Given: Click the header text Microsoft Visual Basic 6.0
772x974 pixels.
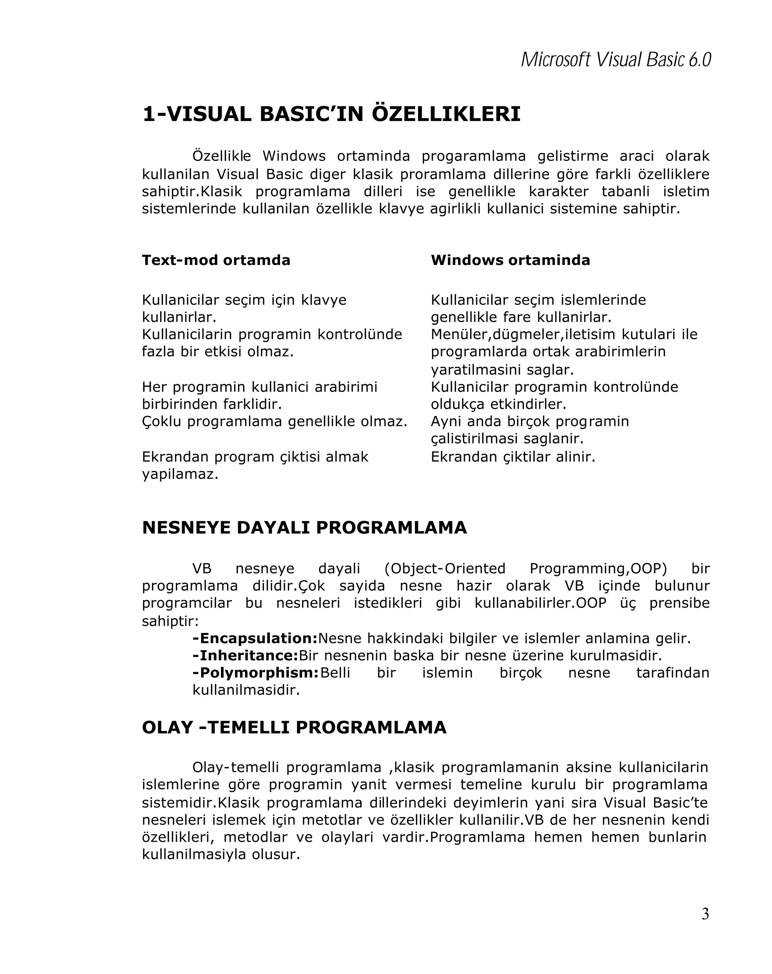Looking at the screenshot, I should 616,60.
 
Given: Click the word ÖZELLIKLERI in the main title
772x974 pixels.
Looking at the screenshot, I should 446,114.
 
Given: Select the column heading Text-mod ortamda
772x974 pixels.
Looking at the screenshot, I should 216,260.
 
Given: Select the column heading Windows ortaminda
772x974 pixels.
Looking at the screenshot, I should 510,260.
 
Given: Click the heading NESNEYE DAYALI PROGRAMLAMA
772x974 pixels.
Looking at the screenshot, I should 304,528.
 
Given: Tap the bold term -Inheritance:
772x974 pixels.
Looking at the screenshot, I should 245,655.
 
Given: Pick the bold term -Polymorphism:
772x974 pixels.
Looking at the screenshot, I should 256,673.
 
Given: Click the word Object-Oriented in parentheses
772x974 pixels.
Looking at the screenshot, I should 444,568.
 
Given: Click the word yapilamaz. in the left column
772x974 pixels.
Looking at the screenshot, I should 180,474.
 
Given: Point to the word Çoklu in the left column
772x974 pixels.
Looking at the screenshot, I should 161,421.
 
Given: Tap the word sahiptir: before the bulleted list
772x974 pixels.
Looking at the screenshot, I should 170,621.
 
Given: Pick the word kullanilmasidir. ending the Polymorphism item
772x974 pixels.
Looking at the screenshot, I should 246,690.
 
